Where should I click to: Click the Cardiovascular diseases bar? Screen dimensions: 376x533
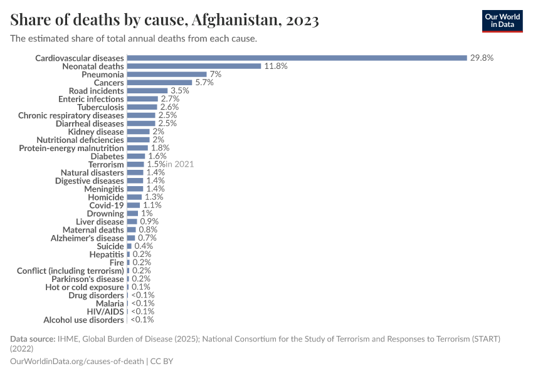click(297, 58)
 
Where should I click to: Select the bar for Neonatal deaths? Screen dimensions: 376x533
click(194, 66)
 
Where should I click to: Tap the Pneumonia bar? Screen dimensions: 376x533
click(167, 74)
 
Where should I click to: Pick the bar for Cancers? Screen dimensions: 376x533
click(159, 82)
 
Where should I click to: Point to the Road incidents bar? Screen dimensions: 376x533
click(147, 91)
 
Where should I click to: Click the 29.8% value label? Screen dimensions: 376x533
click(482, 58)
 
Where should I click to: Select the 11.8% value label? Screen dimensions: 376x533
click(275, 66)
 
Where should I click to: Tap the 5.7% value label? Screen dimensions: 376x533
click(204, 82)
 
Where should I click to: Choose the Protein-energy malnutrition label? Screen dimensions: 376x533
click(71, 148)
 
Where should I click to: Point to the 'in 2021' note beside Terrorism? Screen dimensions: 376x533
click(179, 164)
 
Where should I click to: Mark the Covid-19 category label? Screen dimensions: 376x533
click(107, 205)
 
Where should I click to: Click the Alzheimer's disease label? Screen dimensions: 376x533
click(87, 238)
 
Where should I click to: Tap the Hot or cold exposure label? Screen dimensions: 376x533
click(85, 287)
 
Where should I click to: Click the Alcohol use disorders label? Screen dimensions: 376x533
click(83, 320)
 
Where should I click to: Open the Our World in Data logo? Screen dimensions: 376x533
click(502, 21)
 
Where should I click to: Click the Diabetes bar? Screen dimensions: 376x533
click(136, 156)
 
